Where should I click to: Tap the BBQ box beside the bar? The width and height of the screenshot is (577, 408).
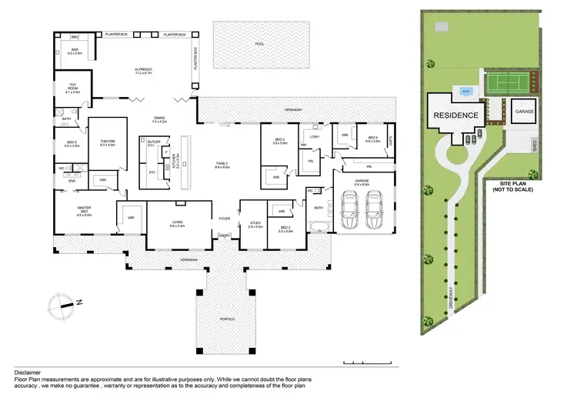75,36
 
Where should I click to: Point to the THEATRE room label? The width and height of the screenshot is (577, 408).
107,143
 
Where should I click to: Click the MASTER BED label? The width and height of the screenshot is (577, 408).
84,212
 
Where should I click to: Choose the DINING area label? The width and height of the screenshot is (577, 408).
158,119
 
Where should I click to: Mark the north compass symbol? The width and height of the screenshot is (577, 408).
58,303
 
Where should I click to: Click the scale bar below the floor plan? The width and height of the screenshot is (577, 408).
370,362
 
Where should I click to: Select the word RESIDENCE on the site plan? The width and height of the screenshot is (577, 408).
455,115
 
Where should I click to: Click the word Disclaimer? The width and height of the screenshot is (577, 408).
28,372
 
